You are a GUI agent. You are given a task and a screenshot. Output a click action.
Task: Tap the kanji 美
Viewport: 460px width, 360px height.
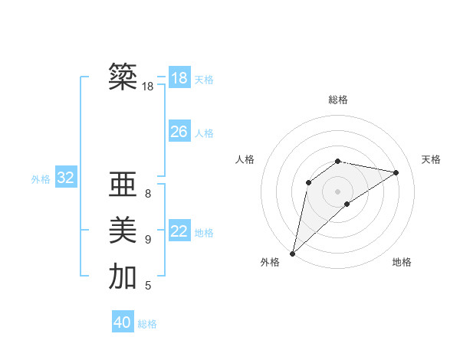(x=123, y=231)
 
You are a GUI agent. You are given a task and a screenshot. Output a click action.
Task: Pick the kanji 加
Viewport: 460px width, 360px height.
(x=123, y=277)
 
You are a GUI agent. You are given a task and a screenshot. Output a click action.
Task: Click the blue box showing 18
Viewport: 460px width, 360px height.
(x=179, y=78)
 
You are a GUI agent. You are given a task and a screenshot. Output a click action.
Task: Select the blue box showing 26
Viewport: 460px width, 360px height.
(x=179, y=132)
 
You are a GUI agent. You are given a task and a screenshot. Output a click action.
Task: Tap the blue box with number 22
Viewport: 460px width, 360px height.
(x=179, y=231)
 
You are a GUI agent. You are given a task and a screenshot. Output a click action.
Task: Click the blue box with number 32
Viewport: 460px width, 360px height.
(x=65, y=178)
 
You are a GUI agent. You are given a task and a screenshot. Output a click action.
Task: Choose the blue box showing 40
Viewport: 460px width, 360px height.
(x=123, y=322)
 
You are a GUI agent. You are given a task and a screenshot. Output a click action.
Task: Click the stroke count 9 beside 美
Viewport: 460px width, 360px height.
(x=148, y=240)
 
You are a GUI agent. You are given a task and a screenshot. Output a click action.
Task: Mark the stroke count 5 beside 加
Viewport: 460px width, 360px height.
(x=148, y=286)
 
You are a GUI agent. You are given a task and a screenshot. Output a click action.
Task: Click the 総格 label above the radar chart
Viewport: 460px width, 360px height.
(x=338, y=100)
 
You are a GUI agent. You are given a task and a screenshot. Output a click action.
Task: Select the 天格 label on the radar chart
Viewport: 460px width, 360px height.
(x=431, y=159)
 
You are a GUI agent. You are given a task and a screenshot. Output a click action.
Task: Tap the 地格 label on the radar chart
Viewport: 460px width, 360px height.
(x=402, y=262)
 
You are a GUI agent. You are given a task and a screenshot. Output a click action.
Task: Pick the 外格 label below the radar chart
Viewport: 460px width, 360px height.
(x=270, y=262)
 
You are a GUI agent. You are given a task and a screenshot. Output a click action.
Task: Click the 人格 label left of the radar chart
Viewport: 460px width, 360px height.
(x=245, y=159)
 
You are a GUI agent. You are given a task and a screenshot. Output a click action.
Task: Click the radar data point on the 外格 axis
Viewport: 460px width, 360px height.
(x=292, y=254)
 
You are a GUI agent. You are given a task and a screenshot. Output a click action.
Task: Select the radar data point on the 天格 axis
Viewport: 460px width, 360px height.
(x=396, y=172)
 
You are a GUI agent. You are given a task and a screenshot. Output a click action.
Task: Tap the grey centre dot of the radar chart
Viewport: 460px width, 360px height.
(x=338, y=191)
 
